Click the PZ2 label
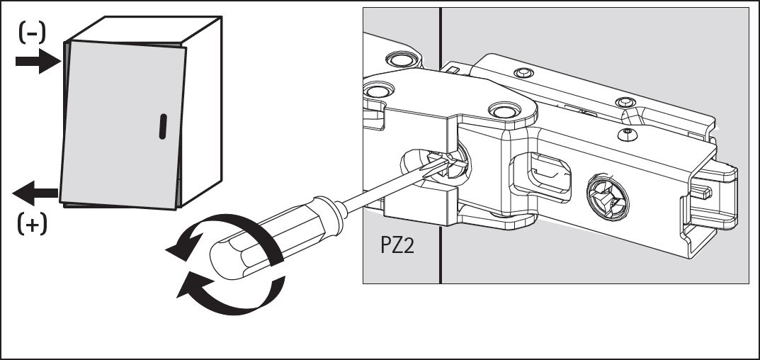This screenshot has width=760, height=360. [x=397, y=245]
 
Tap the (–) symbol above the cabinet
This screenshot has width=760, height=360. [x=32, y=33]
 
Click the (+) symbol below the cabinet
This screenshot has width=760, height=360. [x=33, y=224]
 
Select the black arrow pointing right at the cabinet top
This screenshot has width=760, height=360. [x=38, y=61]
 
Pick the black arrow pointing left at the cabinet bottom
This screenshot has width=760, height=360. [x=35, y=193]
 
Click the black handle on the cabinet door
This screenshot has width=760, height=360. [x=163, y=127]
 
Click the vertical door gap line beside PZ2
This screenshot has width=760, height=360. [x=440, y=145]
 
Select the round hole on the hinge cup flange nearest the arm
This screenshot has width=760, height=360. [x=504, y=110]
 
